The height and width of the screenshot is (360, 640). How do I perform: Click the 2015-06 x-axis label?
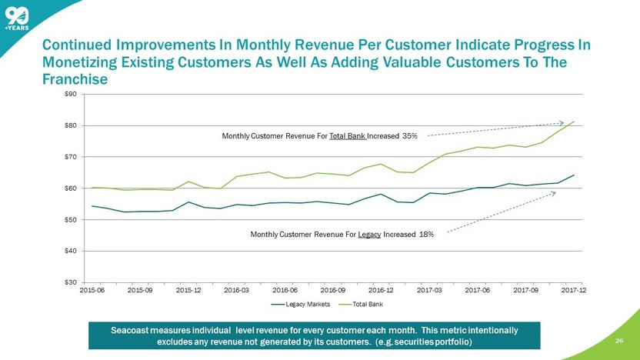coord(92,291)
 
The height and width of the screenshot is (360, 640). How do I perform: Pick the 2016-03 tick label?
coord(236,291)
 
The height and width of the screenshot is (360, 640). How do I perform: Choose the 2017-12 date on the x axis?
coord(573,291)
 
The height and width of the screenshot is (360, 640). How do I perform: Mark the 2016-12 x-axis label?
coord(381,291)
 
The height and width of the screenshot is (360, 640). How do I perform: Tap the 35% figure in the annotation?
coord(408,136)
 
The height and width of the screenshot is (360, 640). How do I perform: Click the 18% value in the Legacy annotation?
coord(425,234)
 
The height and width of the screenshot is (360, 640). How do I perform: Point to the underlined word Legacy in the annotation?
coord(369,234)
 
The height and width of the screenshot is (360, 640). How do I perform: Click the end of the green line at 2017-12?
coord(574,121)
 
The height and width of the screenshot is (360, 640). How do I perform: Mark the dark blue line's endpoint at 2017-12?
coord(574,175)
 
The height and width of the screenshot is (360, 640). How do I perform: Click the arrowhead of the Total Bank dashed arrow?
coord(563,123)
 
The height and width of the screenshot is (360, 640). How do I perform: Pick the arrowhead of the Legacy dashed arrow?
coord(555,192)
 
